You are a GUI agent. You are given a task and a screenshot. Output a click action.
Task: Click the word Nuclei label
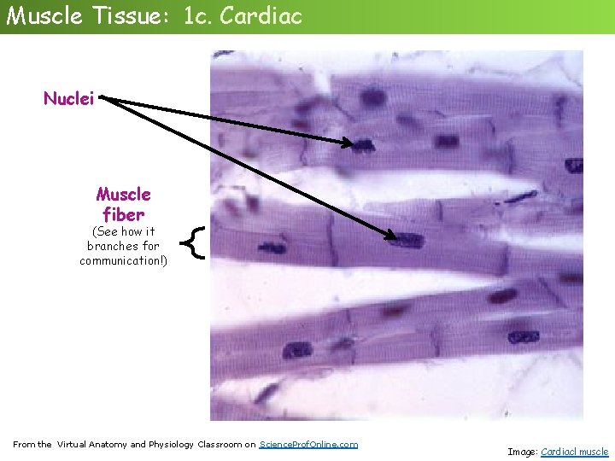coord(69,99)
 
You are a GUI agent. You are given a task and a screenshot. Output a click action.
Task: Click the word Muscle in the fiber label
coord(123,195)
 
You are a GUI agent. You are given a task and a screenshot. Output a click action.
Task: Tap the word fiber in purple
coord(123,213)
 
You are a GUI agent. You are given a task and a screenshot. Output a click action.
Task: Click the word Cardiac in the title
coord(261,15)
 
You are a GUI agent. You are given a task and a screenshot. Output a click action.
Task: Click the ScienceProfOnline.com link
coord(308,444)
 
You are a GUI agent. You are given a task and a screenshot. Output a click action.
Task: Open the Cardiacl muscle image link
coord(575,452)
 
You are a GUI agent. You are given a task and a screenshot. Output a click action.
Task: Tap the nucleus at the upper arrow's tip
coord(363,145)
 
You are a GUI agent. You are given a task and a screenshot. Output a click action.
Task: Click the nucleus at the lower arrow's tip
coord(409,240)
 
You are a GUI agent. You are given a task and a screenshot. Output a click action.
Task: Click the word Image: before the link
coord(523,452)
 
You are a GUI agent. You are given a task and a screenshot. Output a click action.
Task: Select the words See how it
coord(123,231)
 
